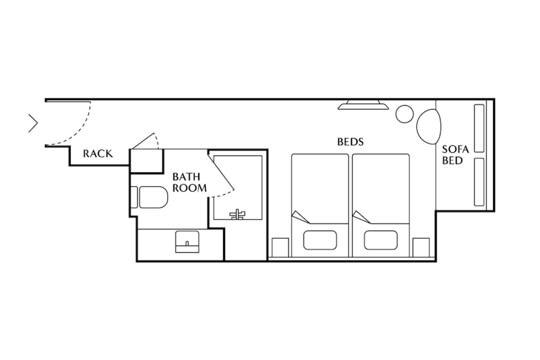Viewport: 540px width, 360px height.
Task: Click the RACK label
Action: pyautogui.click(x=98, y=154)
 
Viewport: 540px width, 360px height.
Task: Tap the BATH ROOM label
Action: pyautogui.click(x=190, y=182)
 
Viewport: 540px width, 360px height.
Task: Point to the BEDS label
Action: pyautogui.click(x=350, y=142)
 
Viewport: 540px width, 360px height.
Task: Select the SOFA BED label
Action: pyautogui.click(x=455, y=155)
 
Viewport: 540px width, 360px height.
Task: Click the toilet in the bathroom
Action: pyautogui.click(x=149, y=197)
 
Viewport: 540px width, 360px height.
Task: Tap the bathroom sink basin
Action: pyautogui.click(x=187, y=241)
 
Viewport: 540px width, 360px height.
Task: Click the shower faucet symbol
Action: pyautogui.click(x=238, y=214)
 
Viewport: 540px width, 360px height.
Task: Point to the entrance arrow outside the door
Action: pyautogui.click(x=34, y=123)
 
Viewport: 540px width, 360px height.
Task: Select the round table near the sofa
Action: pyautogui.click(x=404, y=114)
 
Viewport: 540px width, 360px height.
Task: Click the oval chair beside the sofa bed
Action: pyautogui.click(x=429, y=127)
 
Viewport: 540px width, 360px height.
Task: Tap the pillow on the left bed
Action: pyautogui.click(x=320, y=240)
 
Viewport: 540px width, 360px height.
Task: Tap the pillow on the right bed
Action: pyautogui.click(x=380, y=240)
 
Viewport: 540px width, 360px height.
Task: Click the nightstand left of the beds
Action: pyautogui.click(x=280, y=247)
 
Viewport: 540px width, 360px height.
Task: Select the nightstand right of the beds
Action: pyautogui.click(x=421, y=247)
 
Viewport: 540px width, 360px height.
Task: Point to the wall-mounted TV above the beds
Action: pyautogui.click(x=363, y=105)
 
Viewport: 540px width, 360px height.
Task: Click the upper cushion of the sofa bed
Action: pyautogui.click(x=479, y=128)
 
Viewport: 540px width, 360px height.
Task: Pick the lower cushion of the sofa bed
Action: pyautogui.click(x=479, y=182)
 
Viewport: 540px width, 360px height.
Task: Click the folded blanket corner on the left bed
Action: pyautogui.click(x=301, y=217)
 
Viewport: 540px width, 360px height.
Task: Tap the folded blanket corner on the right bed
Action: pyautogui.click(x=361, y=217)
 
